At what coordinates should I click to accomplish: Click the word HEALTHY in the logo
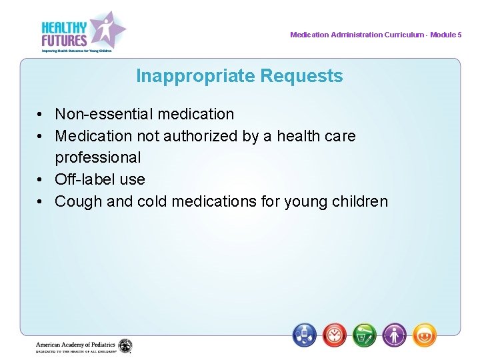[x=64, y=27]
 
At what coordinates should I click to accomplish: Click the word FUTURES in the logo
[x=64, y=41]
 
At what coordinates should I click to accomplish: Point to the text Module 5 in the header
[x=445, y=35]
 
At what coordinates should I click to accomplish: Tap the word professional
[x=98, y=158]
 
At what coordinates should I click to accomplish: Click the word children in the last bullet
[x=359, y=201]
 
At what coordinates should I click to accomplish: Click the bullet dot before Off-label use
[x=41, y=180]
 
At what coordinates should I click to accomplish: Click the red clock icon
[x=335, y=335]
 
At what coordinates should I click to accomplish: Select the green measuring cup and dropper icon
[x=365, y=335]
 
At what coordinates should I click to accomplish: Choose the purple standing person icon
[x=395, y=335]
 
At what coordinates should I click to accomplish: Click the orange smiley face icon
[x=425, y=335]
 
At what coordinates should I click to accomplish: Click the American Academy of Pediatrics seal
[x=125, y=346]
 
